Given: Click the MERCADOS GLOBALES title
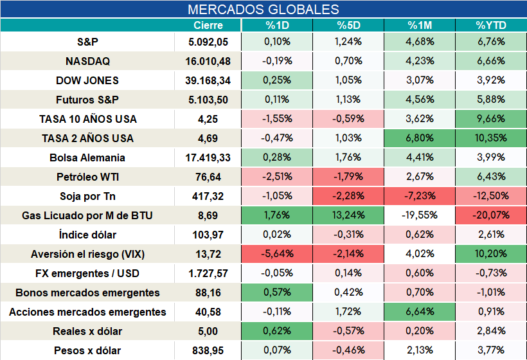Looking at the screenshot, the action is [x=263, y=10].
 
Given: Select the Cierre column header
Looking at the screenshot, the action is [x=208, y=25].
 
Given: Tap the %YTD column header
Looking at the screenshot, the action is [x=491, y=25].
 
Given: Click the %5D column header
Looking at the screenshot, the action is [x=348, y=25].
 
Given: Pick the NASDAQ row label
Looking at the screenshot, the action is [x=87, y=61].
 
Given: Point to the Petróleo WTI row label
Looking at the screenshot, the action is [x=87, y=177].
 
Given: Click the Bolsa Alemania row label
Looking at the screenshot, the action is [x=87, y=157].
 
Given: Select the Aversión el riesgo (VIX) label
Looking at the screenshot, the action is [x=87, y=254].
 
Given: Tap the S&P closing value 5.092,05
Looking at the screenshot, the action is [x=208, y=42].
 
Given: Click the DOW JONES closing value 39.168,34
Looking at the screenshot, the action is [x=208, y=80].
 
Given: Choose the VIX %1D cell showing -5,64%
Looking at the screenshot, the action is [x=277, y=254].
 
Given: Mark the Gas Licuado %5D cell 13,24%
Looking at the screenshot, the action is [x=348, y=215].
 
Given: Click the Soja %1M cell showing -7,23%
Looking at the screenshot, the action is [x=420, y=196].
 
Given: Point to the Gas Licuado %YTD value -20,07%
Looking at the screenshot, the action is [x=491, y=215].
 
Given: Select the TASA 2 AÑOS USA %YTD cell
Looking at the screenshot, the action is [x=491, y=138].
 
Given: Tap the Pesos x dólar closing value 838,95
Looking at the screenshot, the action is [x=208, y=351].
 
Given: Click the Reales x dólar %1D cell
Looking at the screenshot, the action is [x=277, y=331].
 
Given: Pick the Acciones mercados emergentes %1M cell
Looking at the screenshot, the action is [x=420, y=312].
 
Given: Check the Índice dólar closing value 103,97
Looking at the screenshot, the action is [x=208, y=235].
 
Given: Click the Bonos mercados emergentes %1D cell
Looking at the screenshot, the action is [x=277, y=292].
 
